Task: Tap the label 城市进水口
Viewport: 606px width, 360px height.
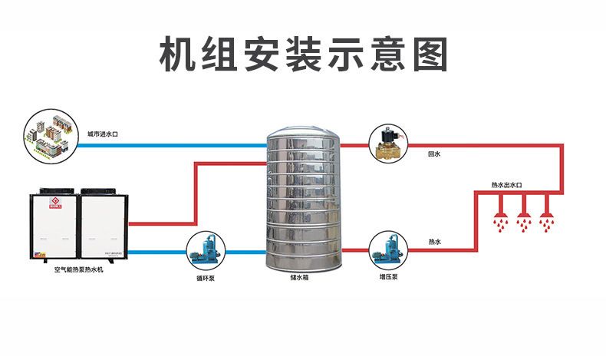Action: point(102,134)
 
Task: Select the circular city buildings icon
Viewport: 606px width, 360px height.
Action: point(52,135)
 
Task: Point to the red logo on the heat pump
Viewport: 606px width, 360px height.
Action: point(54,204)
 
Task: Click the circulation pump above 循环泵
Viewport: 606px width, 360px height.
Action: point(204,248)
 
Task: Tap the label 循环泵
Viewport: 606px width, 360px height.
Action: point(205,278)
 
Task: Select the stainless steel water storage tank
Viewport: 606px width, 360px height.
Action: point(302,203)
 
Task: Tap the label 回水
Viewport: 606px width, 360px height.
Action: point(434,154)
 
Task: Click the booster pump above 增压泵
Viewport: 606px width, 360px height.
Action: point(387,248)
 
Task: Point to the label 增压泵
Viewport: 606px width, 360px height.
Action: point(387,277)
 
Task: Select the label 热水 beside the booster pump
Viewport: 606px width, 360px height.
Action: point(434,243)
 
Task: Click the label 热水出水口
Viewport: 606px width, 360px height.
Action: point(506,185)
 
